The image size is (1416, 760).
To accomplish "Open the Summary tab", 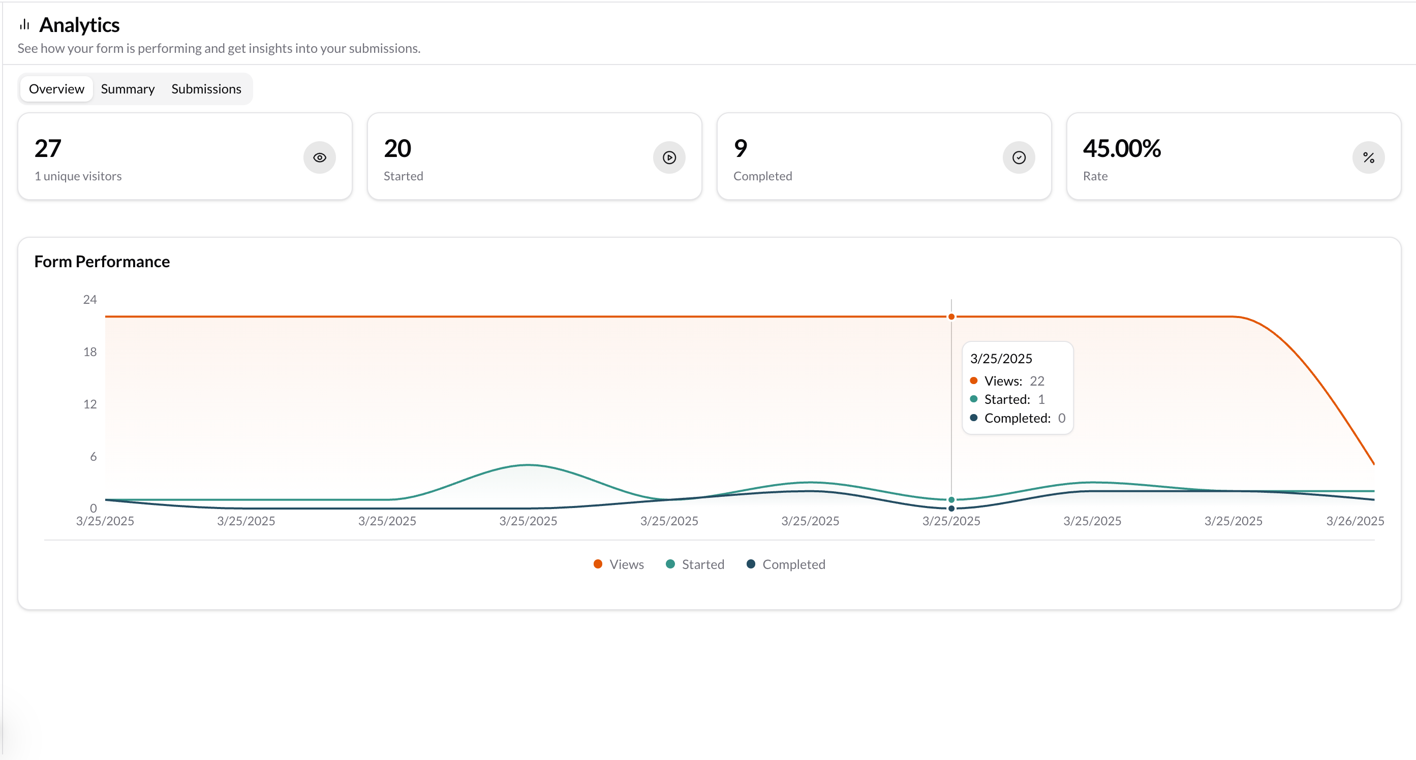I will pyautogui.click(x=128, y=89).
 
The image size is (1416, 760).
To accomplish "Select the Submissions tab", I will pyautogui.click(x=206, y=89).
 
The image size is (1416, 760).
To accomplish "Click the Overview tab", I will pyautogui.click(x=56, y=89).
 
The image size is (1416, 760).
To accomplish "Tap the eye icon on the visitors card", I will pyautogui.click(x=319, y=157).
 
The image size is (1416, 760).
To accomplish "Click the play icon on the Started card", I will pyautogui.click(x=669, y=157).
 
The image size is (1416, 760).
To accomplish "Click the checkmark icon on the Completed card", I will pyautogui.click(x=1019, y=157).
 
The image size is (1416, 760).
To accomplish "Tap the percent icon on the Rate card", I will pyautogui.click(x=1368, y=157).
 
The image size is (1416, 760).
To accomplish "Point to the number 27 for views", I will pyautogui.click(x=48, y=148).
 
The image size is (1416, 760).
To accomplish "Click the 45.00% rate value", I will pyautogui.click(x=1121, y=148).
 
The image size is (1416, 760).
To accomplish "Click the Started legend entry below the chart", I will pyautogui.click(x=695, y=564).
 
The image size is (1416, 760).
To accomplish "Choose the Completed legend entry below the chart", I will pyautogui.click(x=786, y=564).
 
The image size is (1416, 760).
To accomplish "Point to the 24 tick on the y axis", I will pyautogui.click(x=89, y=300).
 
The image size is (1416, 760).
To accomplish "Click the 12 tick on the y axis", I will pyautogui.click(x=89, y=404).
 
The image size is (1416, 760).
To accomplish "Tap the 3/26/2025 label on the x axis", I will pyautogui.click(x=1355, y=521).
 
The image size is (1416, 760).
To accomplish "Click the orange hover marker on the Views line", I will pyautogui.click(x=951, y=317).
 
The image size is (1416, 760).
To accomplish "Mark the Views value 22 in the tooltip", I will pyautogui.click(x=1037, y=381).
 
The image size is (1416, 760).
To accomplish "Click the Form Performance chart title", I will pyautogui.click(x=102, y=262).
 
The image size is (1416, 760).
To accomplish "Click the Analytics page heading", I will pyautogui.click(x=80, y=25).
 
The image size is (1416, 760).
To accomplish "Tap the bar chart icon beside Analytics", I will pyautogui.click(x=24, y=25).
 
